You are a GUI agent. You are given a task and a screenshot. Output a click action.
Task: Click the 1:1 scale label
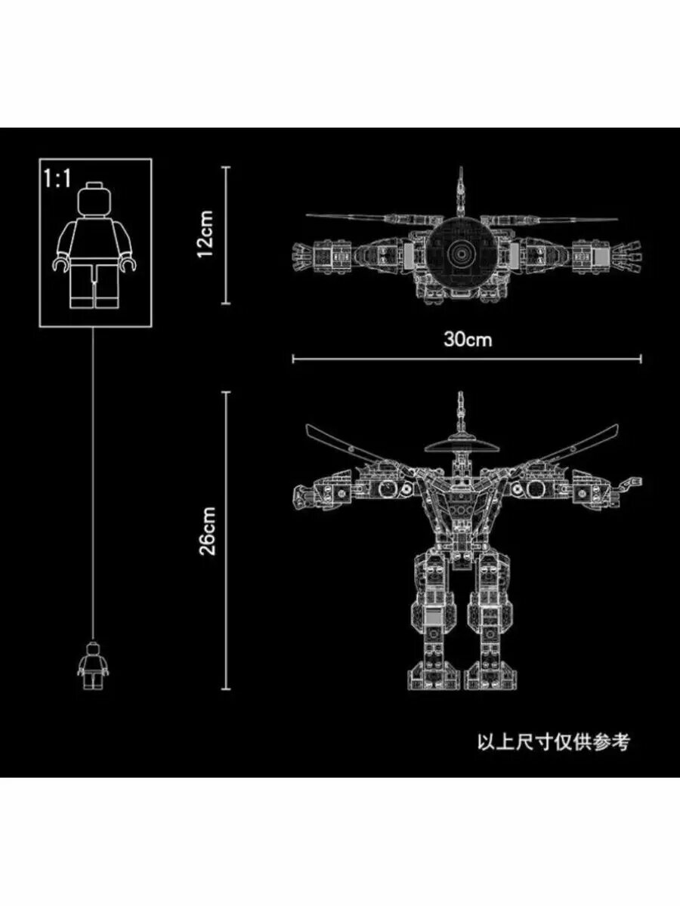coord(57,180)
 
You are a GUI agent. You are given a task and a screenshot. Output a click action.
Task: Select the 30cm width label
coord(467,339)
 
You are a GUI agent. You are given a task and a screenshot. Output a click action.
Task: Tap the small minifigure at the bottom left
coord(92,665)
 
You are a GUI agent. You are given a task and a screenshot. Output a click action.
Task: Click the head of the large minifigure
coord(96,200)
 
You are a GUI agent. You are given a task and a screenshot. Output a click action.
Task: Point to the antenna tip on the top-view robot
coord(459,175)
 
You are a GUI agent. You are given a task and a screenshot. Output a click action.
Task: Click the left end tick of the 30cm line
coord(293,359)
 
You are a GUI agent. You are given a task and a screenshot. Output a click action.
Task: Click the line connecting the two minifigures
coord(93,483)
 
